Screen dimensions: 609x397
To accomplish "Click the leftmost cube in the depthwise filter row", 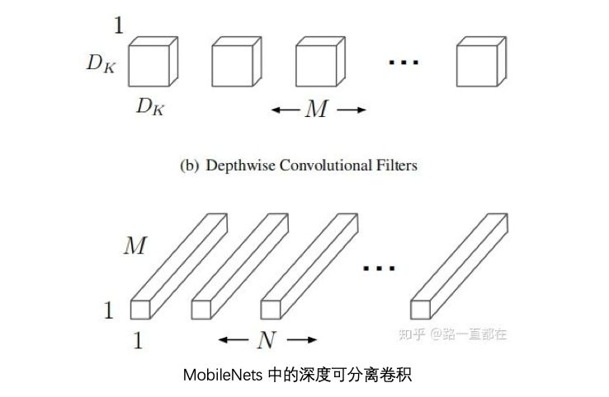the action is (x=153, y=62).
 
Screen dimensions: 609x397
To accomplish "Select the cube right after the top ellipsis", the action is (x=481, y=62).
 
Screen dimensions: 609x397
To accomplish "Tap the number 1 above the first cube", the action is (x=119, y=26).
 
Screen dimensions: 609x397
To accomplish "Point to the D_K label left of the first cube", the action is (x=101, y=63).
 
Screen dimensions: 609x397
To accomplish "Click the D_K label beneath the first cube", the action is (x=150, y=106).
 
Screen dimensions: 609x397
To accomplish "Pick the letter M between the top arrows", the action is (x=317, y=109).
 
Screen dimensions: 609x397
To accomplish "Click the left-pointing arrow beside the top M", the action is (x=285, y=110).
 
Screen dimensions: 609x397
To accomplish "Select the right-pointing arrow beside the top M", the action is (x=352, y=110).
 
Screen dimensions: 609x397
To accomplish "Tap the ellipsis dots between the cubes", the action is (x=404, y=62).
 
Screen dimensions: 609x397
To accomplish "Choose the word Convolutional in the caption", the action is (x=325, y=166).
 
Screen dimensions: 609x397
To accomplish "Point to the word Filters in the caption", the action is (x=397, y=166).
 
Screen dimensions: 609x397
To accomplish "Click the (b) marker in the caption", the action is (x=190, y=166).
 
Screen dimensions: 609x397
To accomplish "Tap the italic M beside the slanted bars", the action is (x=135, y=245).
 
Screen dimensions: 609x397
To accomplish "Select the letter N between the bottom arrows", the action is (x=267, y=340).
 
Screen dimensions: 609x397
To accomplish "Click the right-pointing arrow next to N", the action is (x=302, y=340).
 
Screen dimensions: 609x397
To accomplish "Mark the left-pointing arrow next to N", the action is (x=233, y=340).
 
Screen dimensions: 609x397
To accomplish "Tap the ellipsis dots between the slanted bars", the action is (x=379, y=268).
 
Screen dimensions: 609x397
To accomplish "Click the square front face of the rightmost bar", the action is (x=420, y=310).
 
